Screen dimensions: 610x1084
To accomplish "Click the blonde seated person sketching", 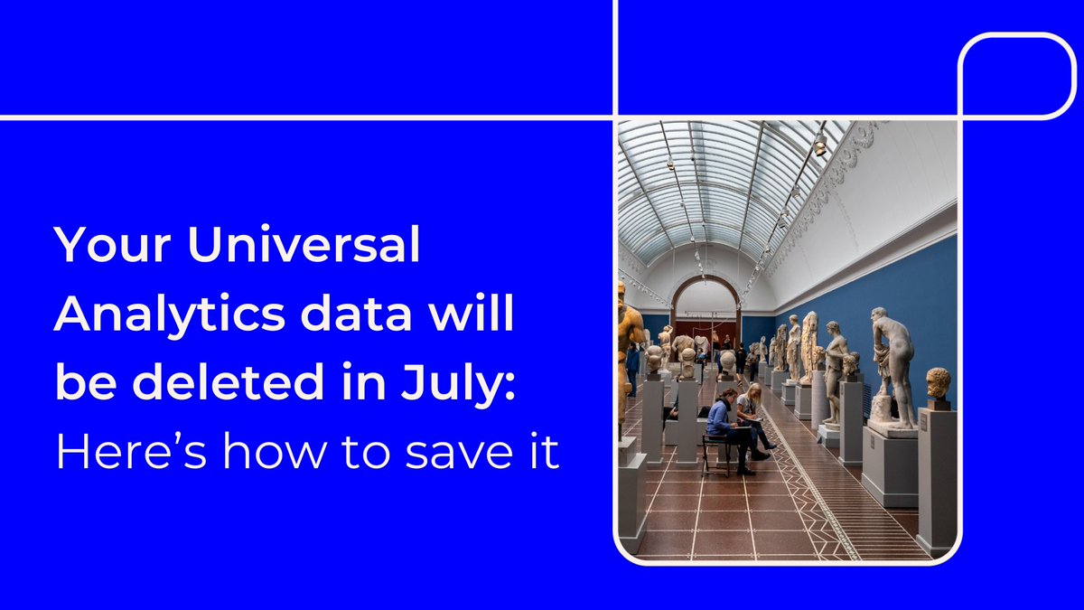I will click(x=749, y=407).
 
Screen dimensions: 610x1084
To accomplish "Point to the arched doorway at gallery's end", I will click(x=706, y=307).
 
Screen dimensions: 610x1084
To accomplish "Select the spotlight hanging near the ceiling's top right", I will click(x=819, y=145).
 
